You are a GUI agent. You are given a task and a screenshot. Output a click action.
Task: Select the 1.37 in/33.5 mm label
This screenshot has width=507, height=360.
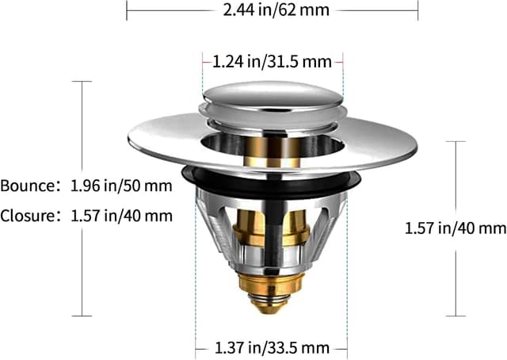pyautogui.click(x=272, y=347)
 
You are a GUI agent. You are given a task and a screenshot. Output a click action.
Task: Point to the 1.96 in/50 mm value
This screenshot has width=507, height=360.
pyautogui.click(x=119, y=187)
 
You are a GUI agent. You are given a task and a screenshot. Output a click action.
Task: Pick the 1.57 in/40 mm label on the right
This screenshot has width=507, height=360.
pyautogui.click(x=455, y=228)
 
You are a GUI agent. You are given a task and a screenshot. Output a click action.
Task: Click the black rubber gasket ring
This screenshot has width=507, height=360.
pyautogui.click(x=190, y=176)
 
